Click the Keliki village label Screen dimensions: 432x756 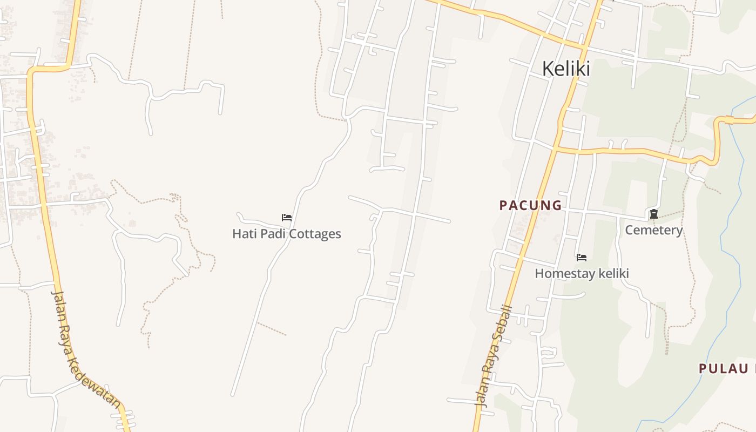tap(565, 69)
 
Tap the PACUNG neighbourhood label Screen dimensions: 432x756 tap(530, 205)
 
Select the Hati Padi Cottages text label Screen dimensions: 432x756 tap(286, 234)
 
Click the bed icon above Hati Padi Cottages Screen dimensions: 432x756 tap(287, 218)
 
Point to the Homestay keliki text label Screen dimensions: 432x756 tap(582, 273)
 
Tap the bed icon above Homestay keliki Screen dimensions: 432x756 tap(581, 258)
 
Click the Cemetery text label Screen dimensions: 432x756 tap(653, 230)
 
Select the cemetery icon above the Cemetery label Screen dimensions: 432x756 tap(653, 214)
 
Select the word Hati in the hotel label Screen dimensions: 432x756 tap(242, 234)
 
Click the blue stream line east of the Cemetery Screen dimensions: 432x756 tap(726, 227)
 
